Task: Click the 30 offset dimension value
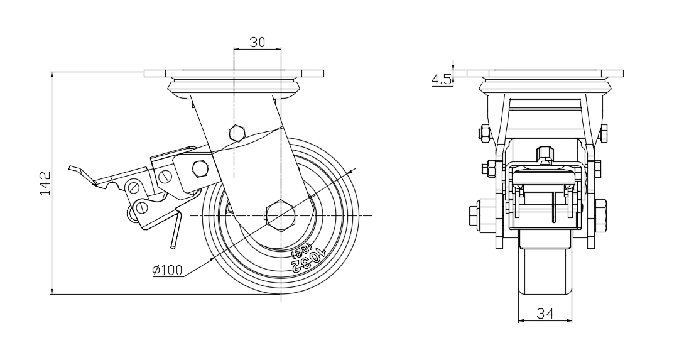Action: [257, 42]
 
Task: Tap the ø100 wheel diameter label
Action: [167, 271]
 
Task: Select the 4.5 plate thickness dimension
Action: [441, 79]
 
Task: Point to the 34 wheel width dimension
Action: [545, 313]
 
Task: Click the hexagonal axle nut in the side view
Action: [280, 215]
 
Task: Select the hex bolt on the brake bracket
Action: [199, 168]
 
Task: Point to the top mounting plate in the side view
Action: [234, 74]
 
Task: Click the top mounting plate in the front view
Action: [545, 74]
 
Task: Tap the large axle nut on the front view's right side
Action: [600, 214]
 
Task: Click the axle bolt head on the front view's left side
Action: [477, 214]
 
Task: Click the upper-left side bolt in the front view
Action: [484, 133]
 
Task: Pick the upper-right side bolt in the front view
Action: [603, 133]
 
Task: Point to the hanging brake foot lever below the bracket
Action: [174, 232]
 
